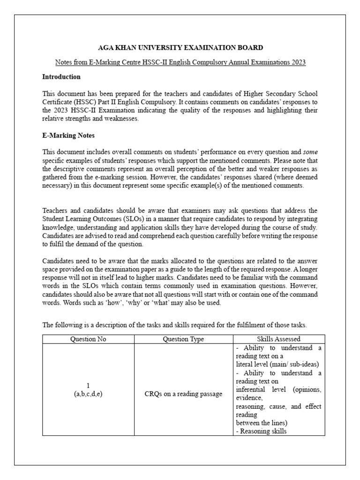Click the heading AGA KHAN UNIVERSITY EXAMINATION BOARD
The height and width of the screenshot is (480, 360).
point(180,47)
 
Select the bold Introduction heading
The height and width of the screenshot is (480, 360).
point(61,76)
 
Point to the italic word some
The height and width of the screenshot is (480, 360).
point(310,151)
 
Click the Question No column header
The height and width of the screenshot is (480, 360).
point(88,339)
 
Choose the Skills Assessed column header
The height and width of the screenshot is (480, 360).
point(278,339)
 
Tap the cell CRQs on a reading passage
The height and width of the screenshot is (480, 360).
point(183,394)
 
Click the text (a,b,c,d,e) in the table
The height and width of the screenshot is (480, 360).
point(88,394)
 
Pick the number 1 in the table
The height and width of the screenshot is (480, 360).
point(88,385)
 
